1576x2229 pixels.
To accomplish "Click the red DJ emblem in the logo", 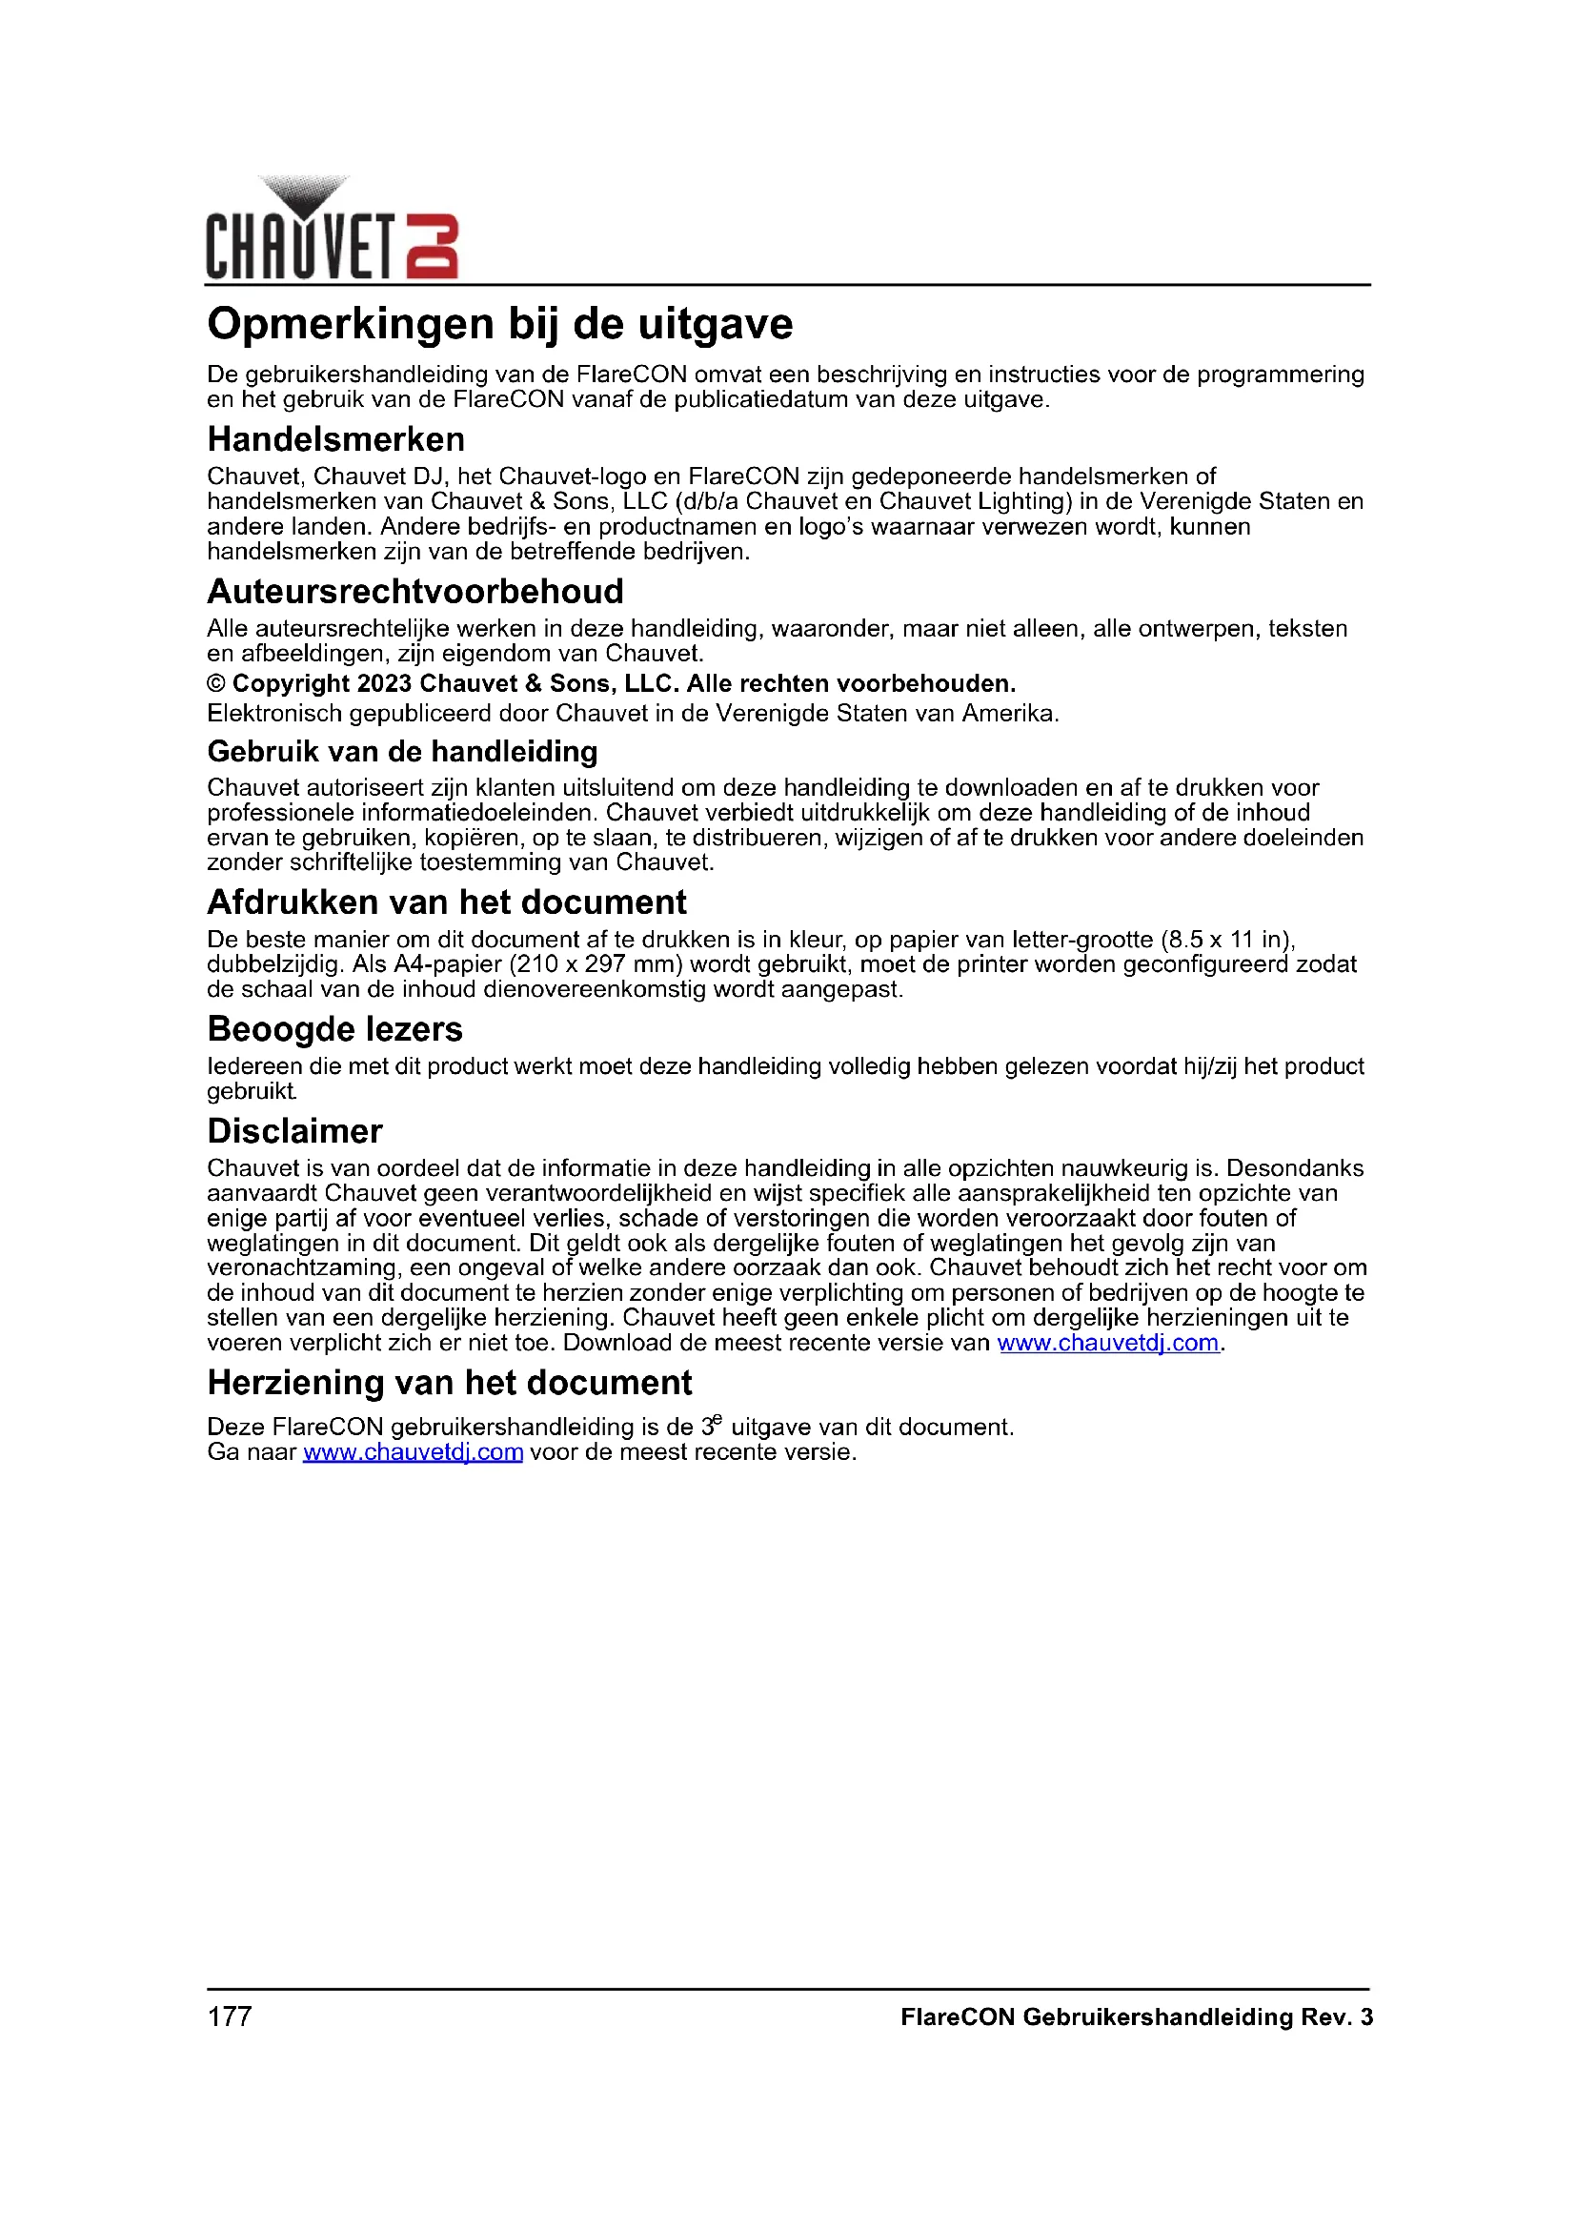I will coord(431,247).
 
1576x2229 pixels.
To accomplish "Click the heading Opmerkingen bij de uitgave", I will coord(500,324).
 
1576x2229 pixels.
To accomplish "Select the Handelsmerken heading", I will coord(335,439).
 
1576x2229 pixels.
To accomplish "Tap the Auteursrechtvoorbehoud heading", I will coord(415,591).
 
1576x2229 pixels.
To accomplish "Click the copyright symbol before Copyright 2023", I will coord(216,684).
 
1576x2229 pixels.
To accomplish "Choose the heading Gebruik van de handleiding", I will coord(403,751).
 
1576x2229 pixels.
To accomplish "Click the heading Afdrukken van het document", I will coord(446,902).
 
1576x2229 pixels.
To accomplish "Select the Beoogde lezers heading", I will coord(334,1029).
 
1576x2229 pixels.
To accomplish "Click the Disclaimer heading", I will coord(295,1131).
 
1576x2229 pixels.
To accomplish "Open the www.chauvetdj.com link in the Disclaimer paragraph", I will coord(1107,1344).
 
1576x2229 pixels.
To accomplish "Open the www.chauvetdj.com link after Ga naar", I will coord(413,1453).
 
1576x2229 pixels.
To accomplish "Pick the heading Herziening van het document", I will coord(450,1383).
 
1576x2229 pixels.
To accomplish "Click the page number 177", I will coord(229,2017).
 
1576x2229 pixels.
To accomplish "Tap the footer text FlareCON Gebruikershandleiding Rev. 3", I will coord(1136,2017).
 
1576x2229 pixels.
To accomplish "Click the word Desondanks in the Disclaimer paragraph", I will coord(1295,1169).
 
